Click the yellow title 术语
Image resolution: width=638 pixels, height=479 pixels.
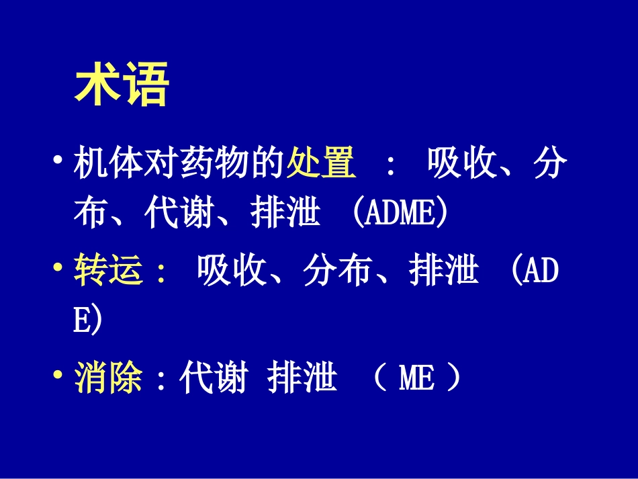pyautogui.click(x=122, y=84)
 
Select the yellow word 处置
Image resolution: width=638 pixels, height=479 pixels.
pyautogui.click(x=322, y=163)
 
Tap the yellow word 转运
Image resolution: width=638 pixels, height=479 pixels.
pyautogui.click(x=109, y=269)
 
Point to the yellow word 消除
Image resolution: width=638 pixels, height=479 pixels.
pyautogui.click(x=109, y=377)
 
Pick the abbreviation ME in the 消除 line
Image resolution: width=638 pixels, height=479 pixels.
pyautogui.click(x=416, y=378)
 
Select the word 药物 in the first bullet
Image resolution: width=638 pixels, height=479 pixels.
pyautogui.click(x=214, y=163)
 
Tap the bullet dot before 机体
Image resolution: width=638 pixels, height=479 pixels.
pyautogui.click(x=58, y=159)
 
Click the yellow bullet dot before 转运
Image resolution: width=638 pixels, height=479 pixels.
pyautogui.click(x=58, y=267)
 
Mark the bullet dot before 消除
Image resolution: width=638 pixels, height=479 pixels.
pyautogui.click(x=58, y=374)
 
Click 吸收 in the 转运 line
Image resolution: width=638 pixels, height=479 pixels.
pyautogui.click(x=232, y=269)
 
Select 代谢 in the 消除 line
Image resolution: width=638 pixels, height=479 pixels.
pyautogui.click(x=214, y=377)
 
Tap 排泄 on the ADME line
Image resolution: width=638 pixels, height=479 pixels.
pyautogui.click(x=285, y=213)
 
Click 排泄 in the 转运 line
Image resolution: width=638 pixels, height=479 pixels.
pyautogui.click(x=444, y=269)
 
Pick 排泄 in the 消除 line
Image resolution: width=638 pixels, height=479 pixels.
pyautogui.click(x=302, y=377)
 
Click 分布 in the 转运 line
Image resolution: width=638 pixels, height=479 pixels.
pyautogui.click(x=338, y=269)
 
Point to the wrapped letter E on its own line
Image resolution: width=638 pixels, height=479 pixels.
pyautogui.click(x=82, y=320)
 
